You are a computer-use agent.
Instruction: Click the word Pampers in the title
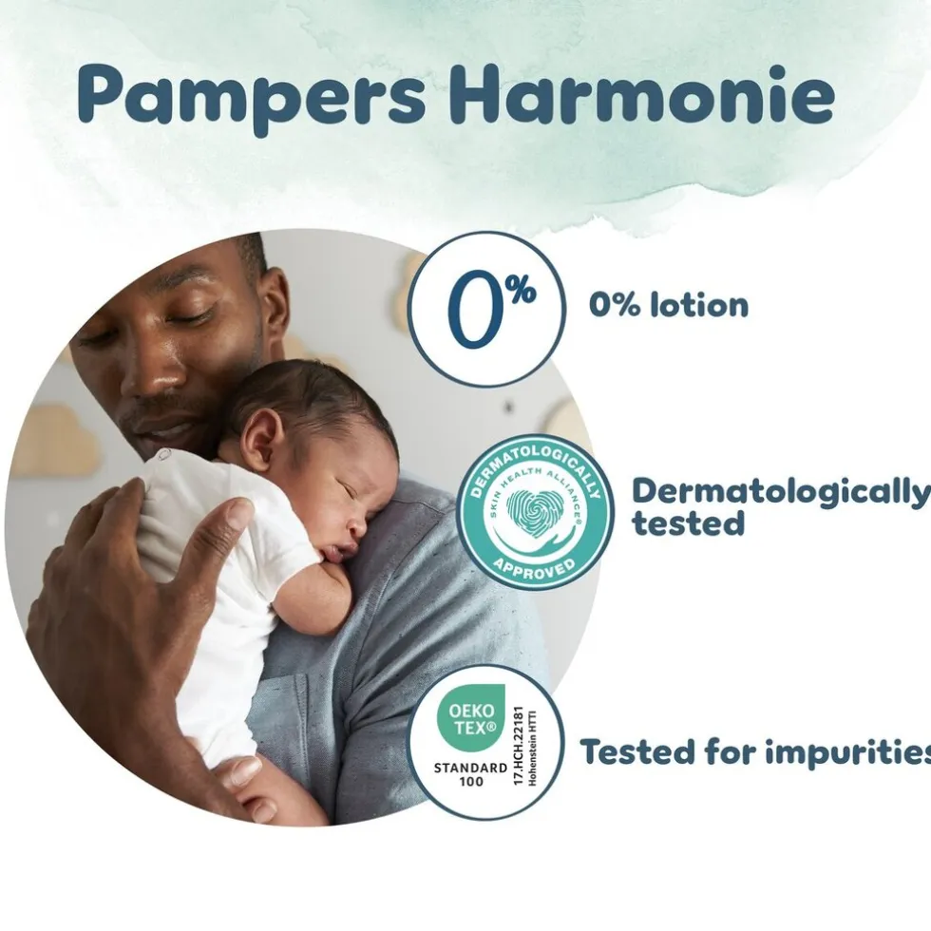click(x=252, y=95)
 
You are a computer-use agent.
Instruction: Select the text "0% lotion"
click(x=668, y=305)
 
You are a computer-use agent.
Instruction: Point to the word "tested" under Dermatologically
click(x=689, y=523)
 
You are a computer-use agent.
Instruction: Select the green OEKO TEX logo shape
click(x=465, y=718)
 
